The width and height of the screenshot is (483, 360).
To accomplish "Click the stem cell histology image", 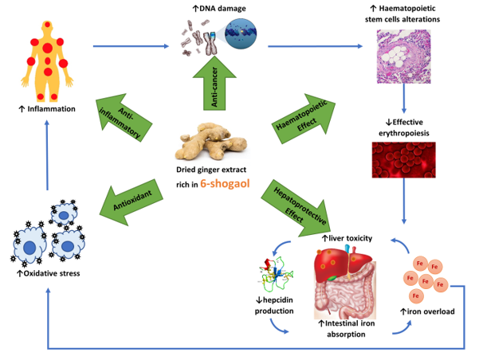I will click(x=406, y=57).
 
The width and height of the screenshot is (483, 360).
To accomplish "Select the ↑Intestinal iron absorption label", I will click(x=347, y=329).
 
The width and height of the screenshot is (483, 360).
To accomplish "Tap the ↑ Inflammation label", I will click(x=48, y=108).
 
